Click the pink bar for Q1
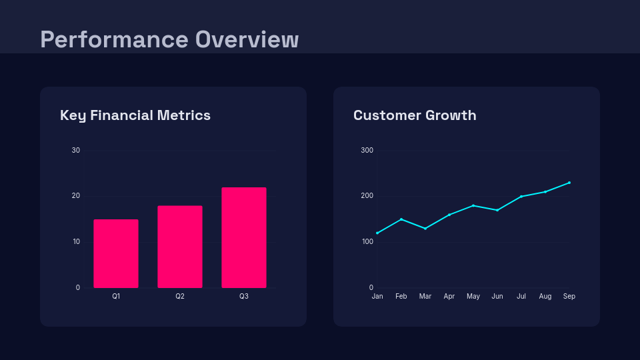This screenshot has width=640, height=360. coord(116,253)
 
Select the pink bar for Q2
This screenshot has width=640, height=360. coord(180,247)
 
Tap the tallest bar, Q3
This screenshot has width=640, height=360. coord(244,237)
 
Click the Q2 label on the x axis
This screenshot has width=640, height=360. coord(180,296)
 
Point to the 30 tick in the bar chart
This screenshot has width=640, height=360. coord(76,150)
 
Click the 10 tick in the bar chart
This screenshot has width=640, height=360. coord(76,241)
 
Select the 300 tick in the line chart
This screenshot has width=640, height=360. coord(367,150)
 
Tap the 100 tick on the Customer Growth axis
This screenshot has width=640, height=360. coord(367,241)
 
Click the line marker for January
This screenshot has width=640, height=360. coord(377,233)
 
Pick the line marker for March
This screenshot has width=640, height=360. coord(425,229)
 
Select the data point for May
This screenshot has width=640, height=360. coord(473,205)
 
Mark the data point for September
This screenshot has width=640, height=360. coord(569,183)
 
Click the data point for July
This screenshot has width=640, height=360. coord(521,197)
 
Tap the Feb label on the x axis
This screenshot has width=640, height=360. coord(401,296)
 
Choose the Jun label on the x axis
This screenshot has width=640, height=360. coord(497,296)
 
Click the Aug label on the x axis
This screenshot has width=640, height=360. coord(545,296)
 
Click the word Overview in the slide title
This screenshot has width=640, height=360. coord(247,39)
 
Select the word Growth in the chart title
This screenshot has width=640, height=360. coord(452,115)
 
